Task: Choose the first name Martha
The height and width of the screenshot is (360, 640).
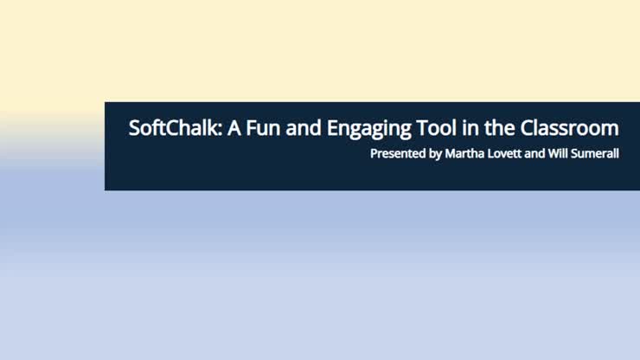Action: tap(464, 154)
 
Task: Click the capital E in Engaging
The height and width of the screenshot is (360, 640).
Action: tap(332, 128)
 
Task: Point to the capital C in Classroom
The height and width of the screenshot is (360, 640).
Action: tap(527, 128)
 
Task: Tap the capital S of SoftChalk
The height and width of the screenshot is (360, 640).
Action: tap(134, 128)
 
